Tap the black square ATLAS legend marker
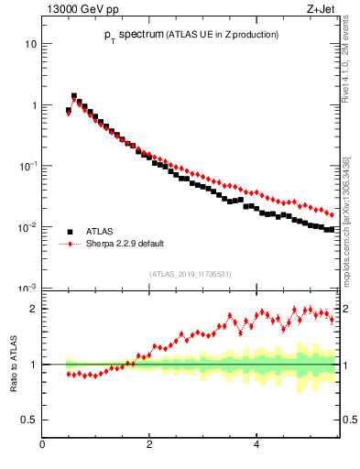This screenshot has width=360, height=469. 70,233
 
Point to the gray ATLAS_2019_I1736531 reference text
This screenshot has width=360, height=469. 190,274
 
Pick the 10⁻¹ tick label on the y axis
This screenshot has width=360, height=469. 28,166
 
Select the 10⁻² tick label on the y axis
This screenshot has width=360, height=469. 28,227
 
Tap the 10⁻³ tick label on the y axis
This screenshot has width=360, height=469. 28,289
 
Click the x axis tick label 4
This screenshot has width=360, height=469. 256,446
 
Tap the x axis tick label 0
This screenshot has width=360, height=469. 43,446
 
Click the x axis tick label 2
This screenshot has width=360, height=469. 149,446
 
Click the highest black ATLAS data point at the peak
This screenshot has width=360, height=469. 74,95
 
